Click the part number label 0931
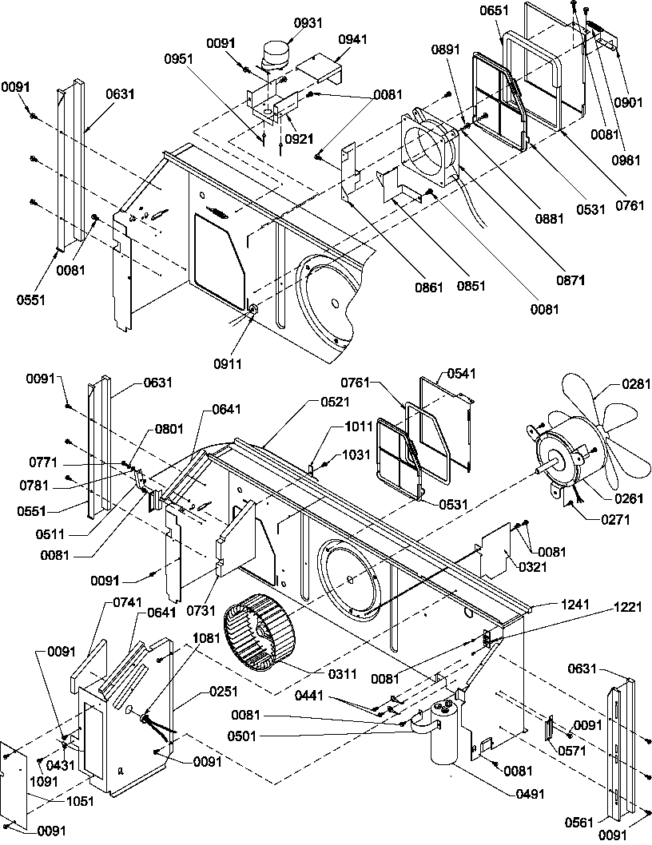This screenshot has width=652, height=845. click(285, 22)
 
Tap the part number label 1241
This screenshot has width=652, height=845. click(574, 604)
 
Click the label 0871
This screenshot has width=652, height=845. click(571, 280)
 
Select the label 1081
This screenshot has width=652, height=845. click(206, 639)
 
